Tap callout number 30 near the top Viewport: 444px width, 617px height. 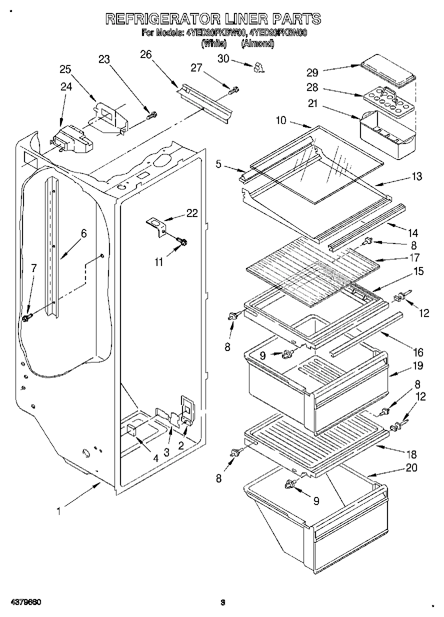[223, 58]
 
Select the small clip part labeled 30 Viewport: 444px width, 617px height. [258, 67]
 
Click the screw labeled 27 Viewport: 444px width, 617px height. [233, 90]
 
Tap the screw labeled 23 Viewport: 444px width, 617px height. [151, 115]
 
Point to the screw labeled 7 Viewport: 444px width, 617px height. [27, 317]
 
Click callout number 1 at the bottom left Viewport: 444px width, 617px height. [59, 511]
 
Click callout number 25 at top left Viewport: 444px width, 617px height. [65, 69]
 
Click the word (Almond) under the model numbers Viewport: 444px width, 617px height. [257, 44]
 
